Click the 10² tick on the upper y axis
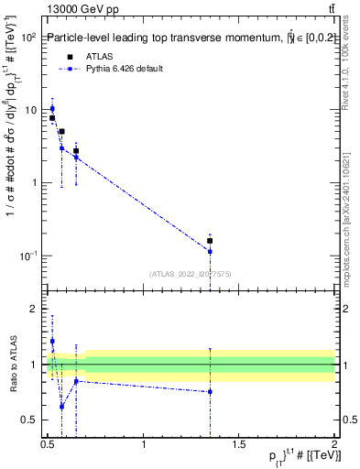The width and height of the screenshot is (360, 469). pos(28,38)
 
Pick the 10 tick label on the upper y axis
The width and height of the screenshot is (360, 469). pos(30,110)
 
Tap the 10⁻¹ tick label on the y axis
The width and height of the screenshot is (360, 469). pos(28,255)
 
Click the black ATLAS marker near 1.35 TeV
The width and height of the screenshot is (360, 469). pos(211,241)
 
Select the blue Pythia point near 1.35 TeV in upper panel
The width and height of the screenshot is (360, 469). pos(211,251)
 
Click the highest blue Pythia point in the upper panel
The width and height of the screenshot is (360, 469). pos(52,108)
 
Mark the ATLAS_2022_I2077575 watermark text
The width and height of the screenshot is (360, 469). pos(191,274)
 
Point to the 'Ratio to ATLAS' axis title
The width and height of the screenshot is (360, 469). pos(13,365)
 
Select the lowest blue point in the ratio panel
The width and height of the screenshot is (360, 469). pos(61,406)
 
